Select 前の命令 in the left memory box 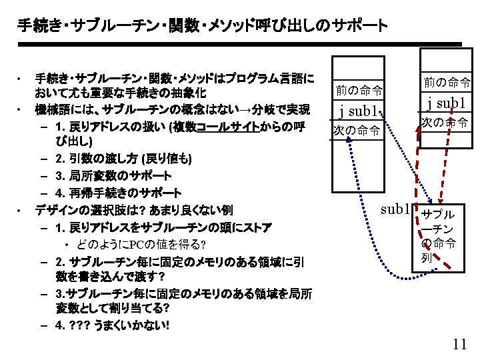(x=359, y=89)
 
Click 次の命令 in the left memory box (x=357, y=130)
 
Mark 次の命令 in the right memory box (x=445, y=123)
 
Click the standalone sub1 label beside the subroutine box (x=395, y=209)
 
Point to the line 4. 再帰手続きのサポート (x=119, y=193)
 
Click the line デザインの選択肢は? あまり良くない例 (x=133, y=210)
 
